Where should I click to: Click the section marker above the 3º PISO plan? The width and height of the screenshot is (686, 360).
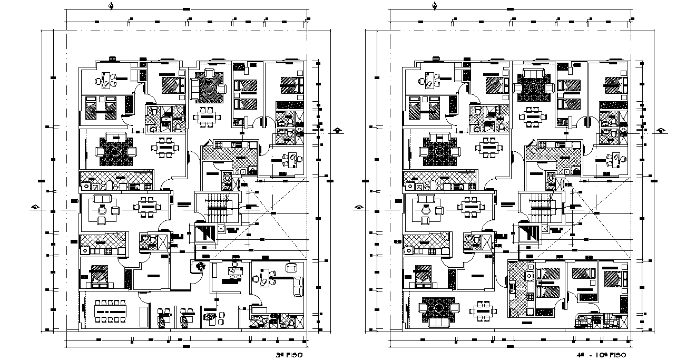[x=111, y=6]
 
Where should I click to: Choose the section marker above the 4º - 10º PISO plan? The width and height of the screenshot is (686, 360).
[x=434, y=6]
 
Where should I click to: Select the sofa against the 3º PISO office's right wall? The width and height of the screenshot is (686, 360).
[x=299, y=286]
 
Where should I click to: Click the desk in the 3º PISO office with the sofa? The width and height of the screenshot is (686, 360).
[x=263, y=275]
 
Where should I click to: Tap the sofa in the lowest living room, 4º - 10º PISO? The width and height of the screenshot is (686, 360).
[x=436, y=322]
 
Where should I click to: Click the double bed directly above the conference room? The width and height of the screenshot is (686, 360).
[x=99, y=275]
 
